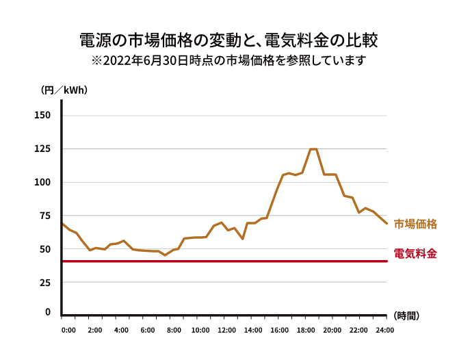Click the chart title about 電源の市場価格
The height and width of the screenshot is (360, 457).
[228, 39]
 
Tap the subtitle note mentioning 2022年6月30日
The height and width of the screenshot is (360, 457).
[228, 60]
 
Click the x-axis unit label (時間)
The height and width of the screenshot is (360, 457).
[406, 316]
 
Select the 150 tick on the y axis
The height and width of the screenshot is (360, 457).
[42, 115]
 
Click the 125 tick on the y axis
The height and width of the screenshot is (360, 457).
[42, 149]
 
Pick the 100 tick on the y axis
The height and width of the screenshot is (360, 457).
[42, 182]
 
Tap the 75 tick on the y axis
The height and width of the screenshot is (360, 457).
[44, 216]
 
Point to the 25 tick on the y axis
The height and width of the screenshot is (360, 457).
[44, 283]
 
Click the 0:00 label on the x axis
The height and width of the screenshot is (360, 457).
[68, 331]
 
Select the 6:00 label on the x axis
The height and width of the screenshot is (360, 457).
[147, 331]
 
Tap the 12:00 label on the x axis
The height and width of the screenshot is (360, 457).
[226, 331]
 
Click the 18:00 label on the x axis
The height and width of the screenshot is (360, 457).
[306, 331]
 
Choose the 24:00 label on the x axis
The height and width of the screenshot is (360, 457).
[385, 331]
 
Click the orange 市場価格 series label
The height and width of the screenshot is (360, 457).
[415, 223]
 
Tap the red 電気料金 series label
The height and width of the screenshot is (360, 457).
[415, 253]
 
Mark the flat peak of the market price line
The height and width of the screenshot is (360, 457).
[313, 149]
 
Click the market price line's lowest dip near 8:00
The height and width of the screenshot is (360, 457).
[164, 255]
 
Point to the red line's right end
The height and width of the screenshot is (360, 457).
[387, 261]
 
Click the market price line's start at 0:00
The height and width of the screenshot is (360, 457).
[62, 223]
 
